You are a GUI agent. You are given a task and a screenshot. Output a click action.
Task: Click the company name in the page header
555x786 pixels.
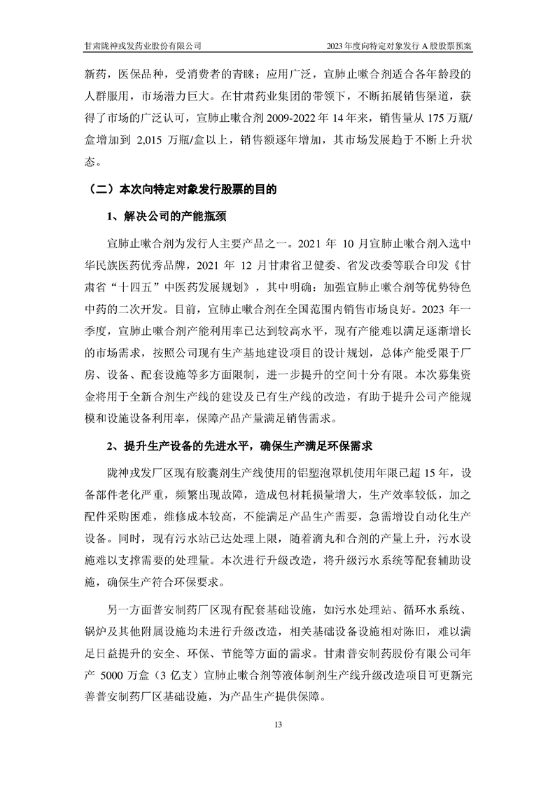pyautogui.click(x=143, y=46)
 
